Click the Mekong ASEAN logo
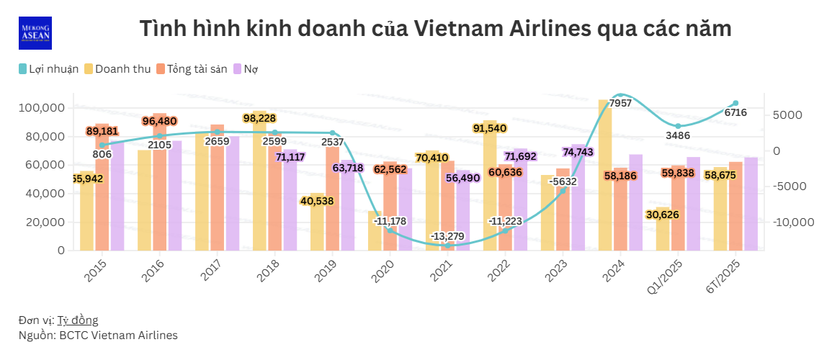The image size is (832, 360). pos(35,33)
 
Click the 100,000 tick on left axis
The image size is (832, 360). pos(41,108)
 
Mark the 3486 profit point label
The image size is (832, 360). pos(678,135)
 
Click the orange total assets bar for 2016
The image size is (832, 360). pos(159,187)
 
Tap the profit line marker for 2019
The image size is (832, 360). pos(332,133)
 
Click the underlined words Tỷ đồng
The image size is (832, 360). pos(78,320)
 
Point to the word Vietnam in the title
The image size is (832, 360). pos(458,29)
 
